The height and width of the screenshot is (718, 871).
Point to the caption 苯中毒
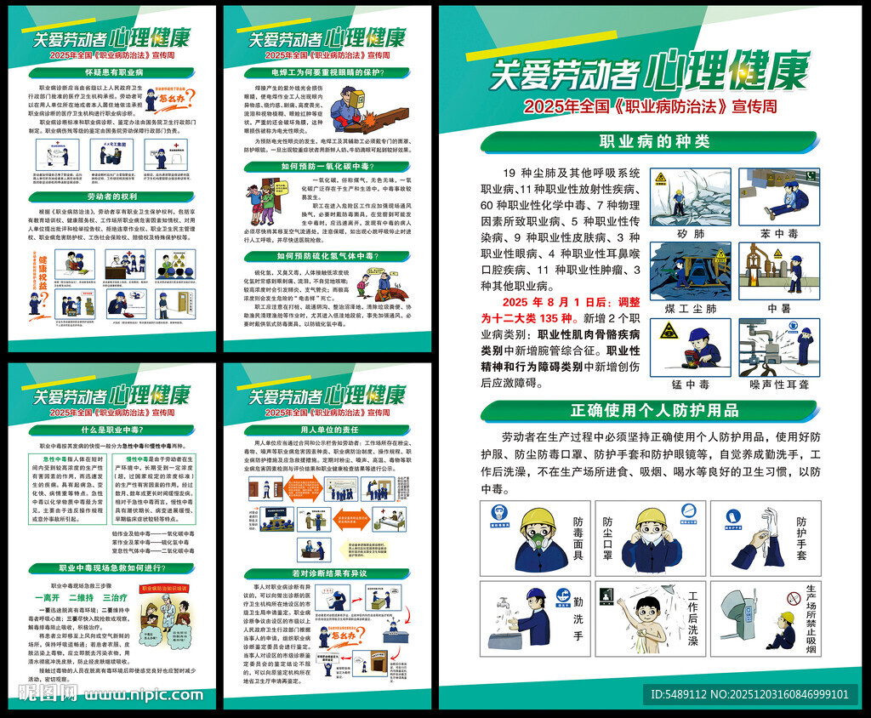pyautogui.click(x=779, y=233)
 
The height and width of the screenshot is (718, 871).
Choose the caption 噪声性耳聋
pyautogui.click(x=779, y=385)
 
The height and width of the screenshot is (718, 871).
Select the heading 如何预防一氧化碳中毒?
pyautogui.click(x=327, y=166)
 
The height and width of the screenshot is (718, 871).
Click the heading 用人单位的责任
pyautogui.click(x=327, y=429)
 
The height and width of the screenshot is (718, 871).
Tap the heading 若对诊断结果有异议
pyautogui.click(x=327, y=573)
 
